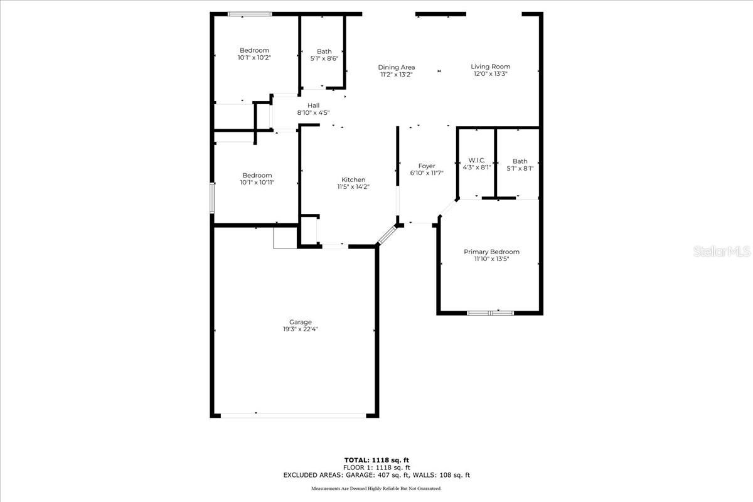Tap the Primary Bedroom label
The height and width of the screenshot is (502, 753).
point(491,252)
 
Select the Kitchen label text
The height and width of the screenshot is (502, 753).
point(353,179)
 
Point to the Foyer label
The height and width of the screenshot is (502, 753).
point(427,166)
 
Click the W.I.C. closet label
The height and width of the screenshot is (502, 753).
point(477,161)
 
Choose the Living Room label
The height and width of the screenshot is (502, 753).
point(491,67)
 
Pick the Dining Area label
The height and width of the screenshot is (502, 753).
point(396,67)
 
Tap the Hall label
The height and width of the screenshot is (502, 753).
point(313,105)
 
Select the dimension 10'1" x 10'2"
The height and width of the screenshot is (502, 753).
point(254,57)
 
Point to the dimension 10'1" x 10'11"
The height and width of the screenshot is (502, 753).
point(257,183)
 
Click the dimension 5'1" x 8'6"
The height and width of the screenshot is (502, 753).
point(324,58)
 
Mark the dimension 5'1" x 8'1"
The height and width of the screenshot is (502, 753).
point(520,168)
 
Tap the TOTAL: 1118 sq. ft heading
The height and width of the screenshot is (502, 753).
point(376,459)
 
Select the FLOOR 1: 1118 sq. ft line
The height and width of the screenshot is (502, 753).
point(376,467)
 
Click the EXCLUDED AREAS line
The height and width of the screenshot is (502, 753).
point(376,475)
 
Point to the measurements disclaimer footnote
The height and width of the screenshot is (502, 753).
point(376,488)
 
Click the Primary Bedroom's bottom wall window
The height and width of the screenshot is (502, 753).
point(491,312)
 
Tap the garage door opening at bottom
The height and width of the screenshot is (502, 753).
point(293,414)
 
